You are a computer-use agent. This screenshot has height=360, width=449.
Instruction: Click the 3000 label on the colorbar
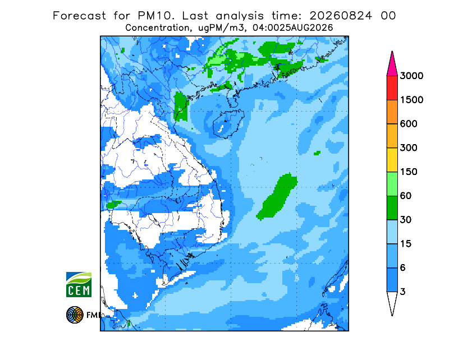pyautogui.click(x=411, y=76)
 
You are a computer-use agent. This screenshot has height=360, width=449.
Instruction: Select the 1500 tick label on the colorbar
pyautogui.click(x=411, y=100)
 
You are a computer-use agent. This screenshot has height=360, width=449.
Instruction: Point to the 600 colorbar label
pyautogui.click(x=409, y=124)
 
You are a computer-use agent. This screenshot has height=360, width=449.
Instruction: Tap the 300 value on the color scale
pyautogui.click(x=409, y=148)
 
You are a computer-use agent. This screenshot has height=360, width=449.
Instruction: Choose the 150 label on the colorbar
pyautogui.click(x=409, y=172)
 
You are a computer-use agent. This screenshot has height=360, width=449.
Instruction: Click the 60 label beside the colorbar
pyautogui.click(x=405, y=196)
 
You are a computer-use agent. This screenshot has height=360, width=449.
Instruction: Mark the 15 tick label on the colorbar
pyautogui.click(x=405, y=244)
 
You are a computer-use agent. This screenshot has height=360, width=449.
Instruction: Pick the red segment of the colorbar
pyautogui.click(x=392, y=88)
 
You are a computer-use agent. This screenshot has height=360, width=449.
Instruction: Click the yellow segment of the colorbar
pyautogui.click(x=392, y=160)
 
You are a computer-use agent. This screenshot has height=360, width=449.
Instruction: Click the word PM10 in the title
pyautogui.click(x=155, y=16)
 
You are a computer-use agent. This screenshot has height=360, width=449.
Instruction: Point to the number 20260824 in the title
pyautogui.click(x=341, y=16)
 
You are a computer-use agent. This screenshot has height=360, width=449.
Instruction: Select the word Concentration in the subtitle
pyautogui.click(x=157, y=28)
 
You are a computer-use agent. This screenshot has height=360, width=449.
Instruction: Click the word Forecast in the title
pyautogui.click(x=79, y=16)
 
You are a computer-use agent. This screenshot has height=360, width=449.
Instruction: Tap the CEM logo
pyautogui.click(x=79, y=285)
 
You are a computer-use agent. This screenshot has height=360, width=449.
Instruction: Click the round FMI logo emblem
pyautogui.click(x=75, y=315)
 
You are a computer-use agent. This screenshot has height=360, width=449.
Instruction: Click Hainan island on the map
pyautogui.click(x=228, y=123)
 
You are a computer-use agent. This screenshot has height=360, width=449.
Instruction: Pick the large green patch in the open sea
pyautogui.click(x=277, y=197)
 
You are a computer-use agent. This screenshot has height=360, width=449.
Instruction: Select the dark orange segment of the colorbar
pyautogui.click(x=392, y=112)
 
